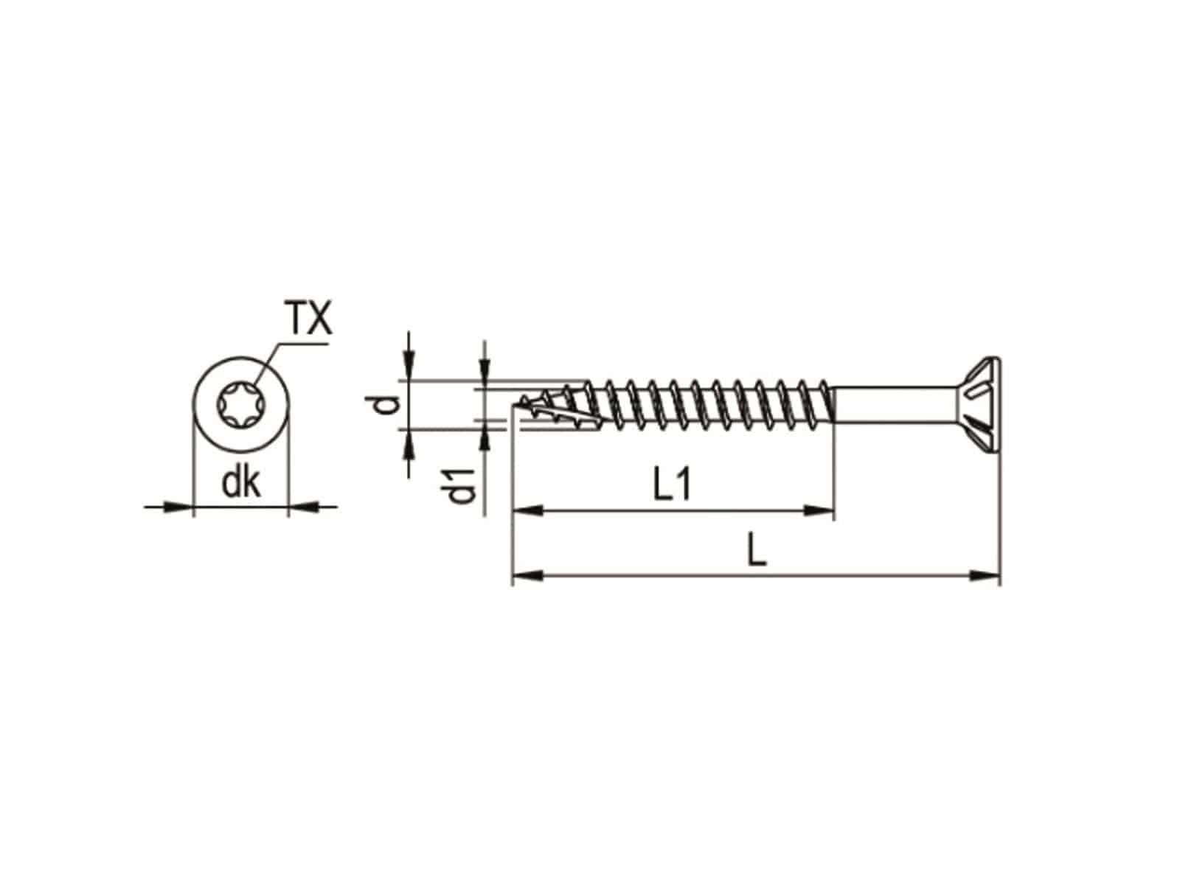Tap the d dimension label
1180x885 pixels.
coord(388,405)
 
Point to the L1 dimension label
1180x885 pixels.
coord(672,487)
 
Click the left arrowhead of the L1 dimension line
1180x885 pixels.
coord(528,509)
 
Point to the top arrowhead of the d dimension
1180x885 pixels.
coord(409,369)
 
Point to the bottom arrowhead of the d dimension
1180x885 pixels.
coord(409,441)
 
